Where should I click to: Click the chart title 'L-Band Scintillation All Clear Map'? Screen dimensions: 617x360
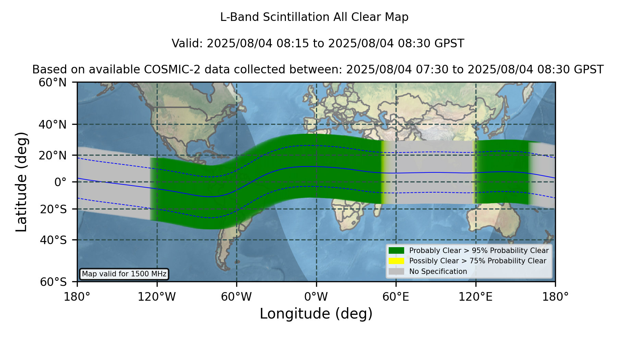coord(314,17)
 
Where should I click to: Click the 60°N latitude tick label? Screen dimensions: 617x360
coord(53,83)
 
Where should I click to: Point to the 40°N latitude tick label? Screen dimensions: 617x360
coord(53,124)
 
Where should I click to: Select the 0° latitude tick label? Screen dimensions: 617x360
coord(61,182)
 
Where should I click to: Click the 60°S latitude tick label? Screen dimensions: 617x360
coord(53,282)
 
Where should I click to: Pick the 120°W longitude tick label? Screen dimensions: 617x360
coord(157,297)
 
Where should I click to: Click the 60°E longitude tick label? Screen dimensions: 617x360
coord(396,297)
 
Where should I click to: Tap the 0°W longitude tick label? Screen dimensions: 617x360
coord(316,297)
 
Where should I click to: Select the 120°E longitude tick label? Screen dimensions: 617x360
coord(476,297)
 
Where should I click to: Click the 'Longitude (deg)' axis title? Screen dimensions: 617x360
coord(316,314)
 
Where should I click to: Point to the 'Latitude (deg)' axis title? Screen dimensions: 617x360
coord(22,182)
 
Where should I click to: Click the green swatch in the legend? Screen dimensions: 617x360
coord(397,251)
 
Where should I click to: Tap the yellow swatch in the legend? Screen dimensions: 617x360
coord(397,261)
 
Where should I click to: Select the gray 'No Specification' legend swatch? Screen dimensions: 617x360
coord(397,272)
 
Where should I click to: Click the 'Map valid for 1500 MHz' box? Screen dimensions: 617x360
coord(124,274)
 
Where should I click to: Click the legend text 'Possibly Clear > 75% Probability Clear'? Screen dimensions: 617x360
coord(478,261)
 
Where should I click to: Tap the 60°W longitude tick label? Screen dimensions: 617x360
coord(237,297)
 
